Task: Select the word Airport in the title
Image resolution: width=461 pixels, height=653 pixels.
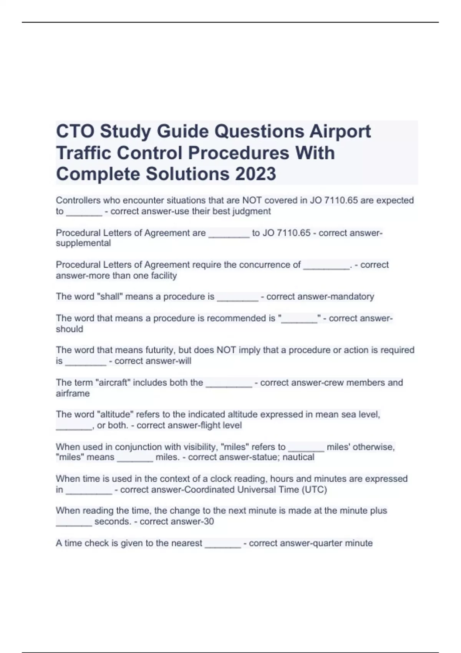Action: [340, 131]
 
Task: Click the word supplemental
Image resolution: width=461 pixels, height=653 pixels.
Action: [83, 243]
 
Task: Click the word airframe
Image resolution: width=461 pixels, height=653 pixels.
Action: [73, 393]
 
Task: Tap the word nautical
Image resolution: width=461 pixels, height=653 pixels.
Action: [298, 457]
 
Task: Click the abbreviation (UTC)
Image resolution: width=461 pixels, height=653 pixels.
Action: [314, 490]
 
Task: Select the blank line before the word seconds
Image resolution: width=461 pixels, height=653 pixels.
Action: [74, 522]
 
